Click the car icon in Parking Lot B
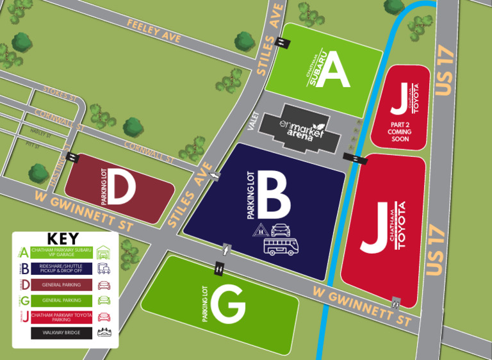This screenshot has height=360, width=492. (283, 230)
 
